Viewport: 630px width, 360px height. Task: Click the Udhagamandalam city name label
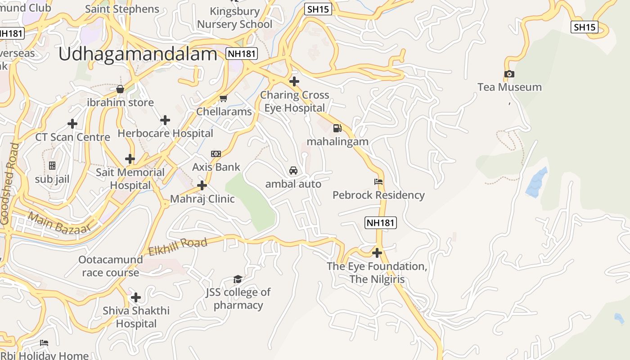[x=138, y=54]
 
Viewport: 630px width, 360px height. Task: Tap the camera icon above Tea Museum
[x=509, y=74]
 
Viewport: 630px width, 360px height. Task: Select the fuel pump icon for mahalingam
[x=337, y=128]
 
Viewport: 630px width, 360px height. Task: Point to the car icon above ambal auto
[x=293, y=171]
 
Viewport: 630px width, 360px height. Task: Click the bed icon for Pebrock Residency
[x=378, y=182]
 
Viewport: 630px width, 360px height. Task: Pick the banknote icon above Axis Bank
[x=216, y=154]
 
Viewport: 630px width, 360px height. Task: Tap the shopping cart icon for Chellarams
[x=224, y=98]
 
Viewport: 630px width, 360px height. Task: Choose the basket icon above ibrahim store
[x=120, y=89]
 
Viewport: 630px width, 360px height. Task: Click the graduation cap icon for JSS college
[x=238, y=279]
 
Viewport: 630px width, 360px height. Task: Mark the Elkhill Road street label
[x=178, y=247]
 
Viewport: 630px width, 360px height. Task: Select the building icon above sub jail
[x=52, y=166]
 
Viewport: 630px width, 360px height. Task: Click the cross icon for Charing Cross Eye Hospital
[x=294, y=81]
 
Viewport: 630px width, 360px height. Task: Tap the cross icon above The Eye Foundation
[x=377, y=253]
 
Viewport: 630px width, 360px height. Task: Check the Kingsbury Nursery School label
[x=235, y=18]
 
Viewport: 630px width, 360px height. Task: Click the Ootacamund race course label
[x=111, y=266]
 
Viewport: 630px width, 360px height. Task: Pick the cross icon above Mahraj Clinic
[x=202, y=185]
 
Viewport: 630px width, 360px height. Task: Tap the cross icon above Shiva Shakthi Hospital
[x=136, y=297]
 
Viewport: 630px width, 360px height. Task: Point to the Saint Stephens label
[x=122, y=9]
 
